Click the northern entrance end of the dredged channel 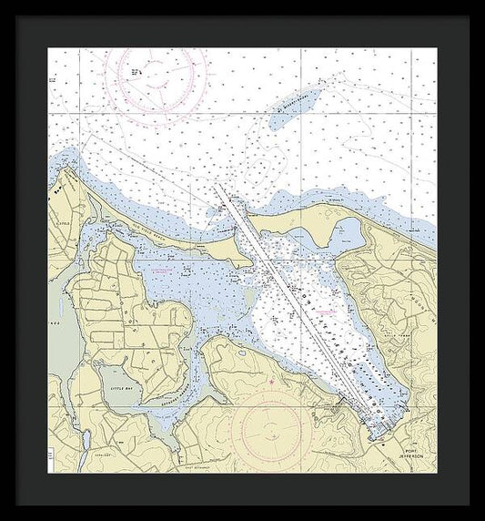click(219, 186)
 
